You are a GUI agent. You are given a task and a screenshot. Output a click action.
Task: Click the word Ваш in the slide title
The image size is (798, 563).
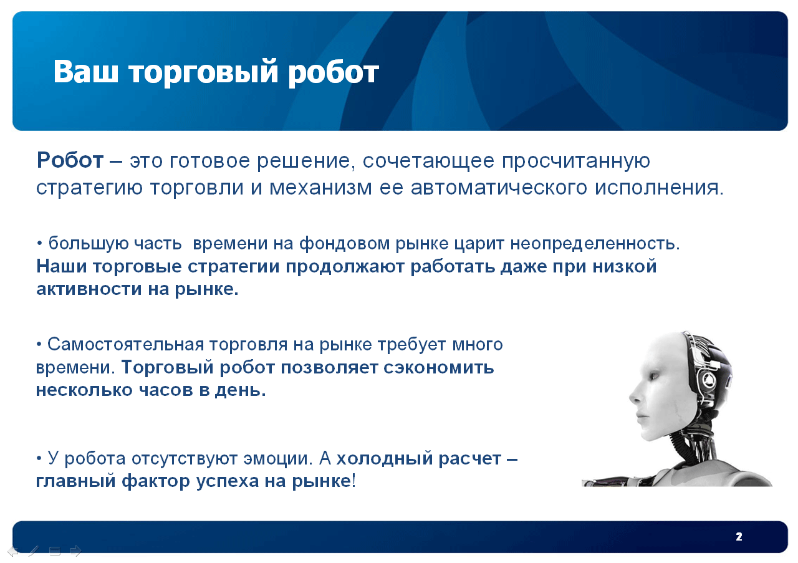[85, 72]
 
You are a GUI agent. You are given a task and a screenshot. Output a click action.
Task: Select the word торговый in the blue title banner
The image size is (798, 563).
[203, 73]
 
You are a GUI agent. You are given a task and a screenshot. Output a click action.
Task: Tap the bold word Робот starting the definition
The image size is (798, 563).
[70, 160]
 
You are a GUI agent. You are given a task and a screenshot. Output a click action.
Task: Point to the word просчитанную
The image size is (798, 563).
[576, 162]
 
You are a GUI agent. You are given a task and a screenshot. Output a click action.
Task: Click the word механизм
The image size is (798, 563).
[320, 188]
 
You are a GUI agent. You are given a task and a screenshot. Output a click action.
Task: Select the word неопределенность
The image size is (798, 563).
[595, 244]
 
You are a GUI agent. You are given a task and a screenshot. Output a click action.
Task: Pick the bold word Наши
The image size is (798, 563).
[62, 266]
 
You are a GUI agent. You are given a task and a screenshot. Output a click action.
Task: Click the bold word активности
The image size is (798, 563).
[89, 289]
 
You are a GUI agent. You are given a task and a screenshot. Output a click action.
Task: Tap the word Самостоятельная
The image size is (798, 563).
[126, 345]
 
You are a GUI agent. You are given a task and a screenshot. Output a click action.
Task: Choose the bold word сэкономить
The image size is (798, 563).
[439, 367]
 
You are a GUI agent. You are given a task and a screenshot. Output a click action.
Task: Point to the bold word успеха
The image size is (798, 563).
[228, 482]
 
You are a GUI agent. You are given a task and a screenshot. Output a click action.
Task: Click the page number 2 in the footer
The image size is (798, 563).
[739, 537]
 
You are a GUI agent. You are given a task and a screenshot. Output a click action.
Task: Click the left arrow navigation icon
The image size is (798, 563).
[13, 552]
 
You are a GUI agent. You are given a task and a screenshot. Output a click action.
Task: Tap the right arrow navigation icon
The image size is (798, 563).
[76, 551]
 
